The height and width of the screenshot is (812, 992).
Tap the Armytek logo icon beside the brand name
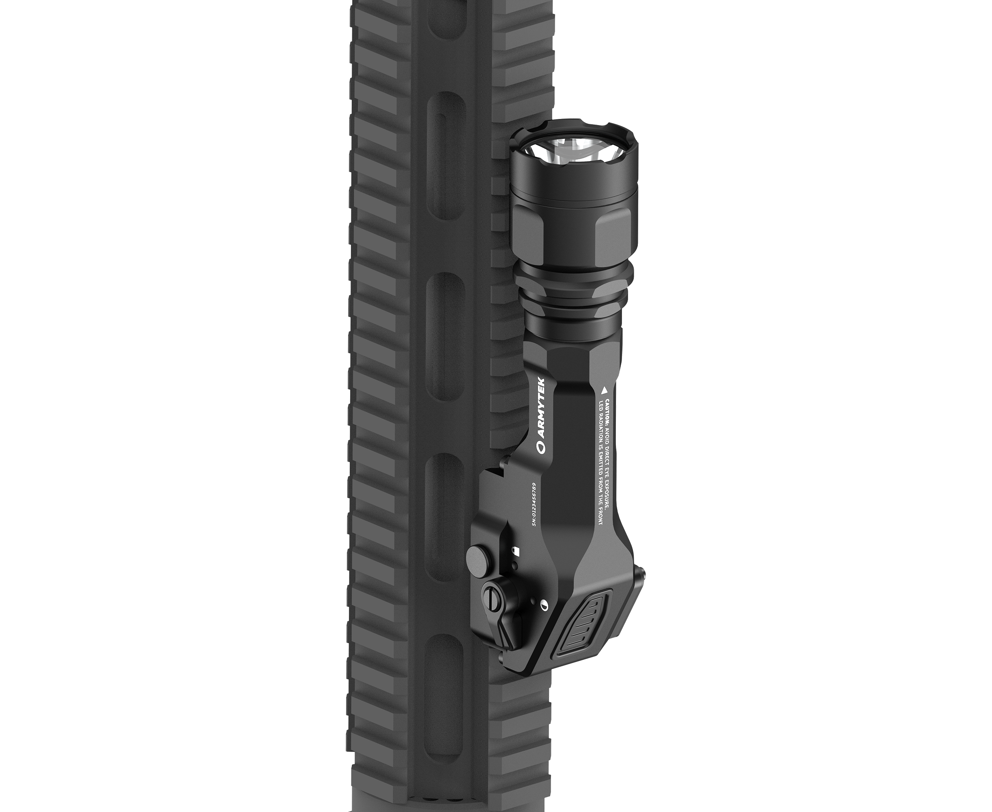coord(541,449)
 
